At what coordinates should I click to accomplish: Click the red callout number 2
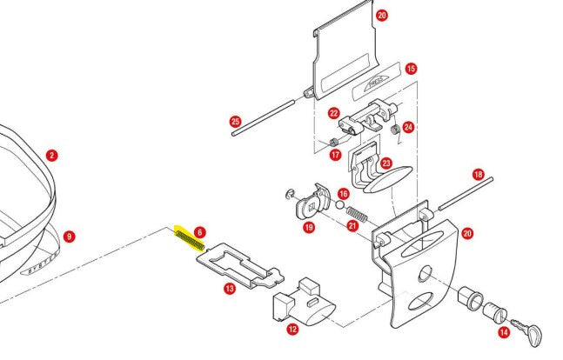tap(52, 156)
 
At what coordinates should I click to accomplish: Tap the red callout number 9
tap(70, 236)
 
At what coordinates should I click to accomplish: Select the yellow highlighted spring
tap(190, 238)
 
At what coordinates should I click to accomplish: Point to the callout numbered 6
tap(199, 232)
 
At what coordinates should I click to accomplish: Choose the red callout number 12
tap(292, 329)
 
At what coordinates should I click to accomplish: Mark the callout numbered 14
tap(504, 332)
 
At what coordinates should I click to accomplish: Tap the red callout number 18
tap(478, 174)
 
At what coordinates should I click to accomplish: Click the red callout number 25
tap(235, 121)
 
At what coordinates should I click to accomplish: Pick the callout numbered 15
tap(411, 68)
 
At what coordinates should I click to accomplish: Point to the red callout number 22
tap(333, 113)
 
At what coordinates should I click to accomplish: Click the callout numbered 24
tap(408, 127)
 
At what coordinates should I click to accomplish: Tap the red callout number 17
tap(334, 156)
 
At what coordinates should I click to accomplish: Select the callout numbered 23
tap(386, 162)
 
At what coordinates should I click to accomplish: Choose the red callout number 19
tap(308, 227)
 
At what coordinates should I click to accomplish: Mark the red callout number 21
tap(352, 226)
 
